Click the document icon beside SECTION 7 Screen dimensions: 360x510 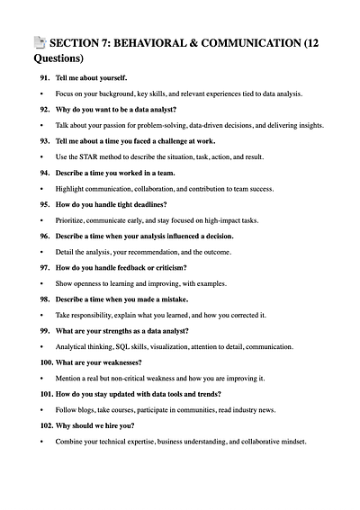39,42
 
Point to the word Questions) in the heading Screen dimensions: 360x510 58,58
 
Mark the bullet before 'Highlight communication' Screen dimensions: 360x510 41,188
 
